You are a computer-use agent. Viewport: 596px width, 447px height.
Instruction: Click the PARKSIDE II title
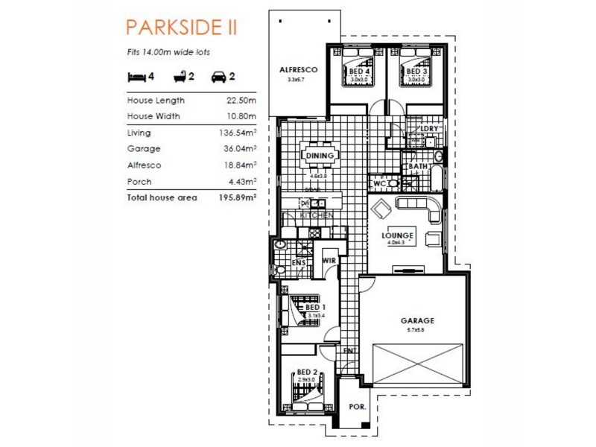click(x=182, y=28)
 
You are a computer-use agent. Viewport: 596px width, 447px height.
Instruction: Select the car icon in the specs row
click(x=218, y=76)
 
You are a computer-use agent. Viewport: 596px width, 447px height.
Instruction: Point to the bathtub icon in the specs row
click(x=179, y=76)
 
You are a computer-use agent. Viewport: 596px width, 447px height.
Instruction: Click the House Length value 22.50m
click(x=241, y=100)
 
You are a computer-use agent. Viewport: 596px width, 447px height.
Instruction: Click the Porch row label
click(x=139, y=182)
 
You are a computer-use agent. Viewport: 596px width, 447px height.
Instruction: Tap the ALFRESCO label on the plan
click(x=298, y=70)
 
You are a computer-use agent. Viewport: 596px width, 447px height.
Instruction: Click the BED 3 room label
click(x=416, y=72)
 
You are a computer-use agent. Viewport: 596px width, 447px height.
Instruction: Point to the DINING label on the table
click(x=319, y=156)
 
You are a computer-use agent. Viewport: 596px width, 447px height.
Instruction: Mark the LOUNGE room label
click(x=397, y=235)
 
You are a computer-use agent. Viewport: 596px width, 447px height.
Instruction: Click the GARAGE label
click(x=416, y=321)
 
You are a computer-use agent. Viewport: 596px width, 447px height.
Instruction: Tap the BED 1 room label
click(x=315, y=307)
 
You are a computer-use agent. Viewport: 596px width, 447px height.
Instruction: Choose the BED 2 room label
click(x=307, y=372)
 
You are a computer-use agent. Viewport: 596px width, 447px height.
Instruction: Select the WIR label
click(x=329, y=261)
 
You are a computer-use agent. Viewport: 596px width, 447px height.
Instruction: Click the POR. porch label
click(x=356, y=408)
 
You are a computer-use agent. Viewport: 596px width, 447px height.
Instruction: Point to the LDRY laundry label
click(x=430, y=128)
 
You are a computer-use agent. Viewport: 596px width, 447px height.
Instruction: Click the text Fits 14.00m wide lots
click(x=168, y=53)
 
